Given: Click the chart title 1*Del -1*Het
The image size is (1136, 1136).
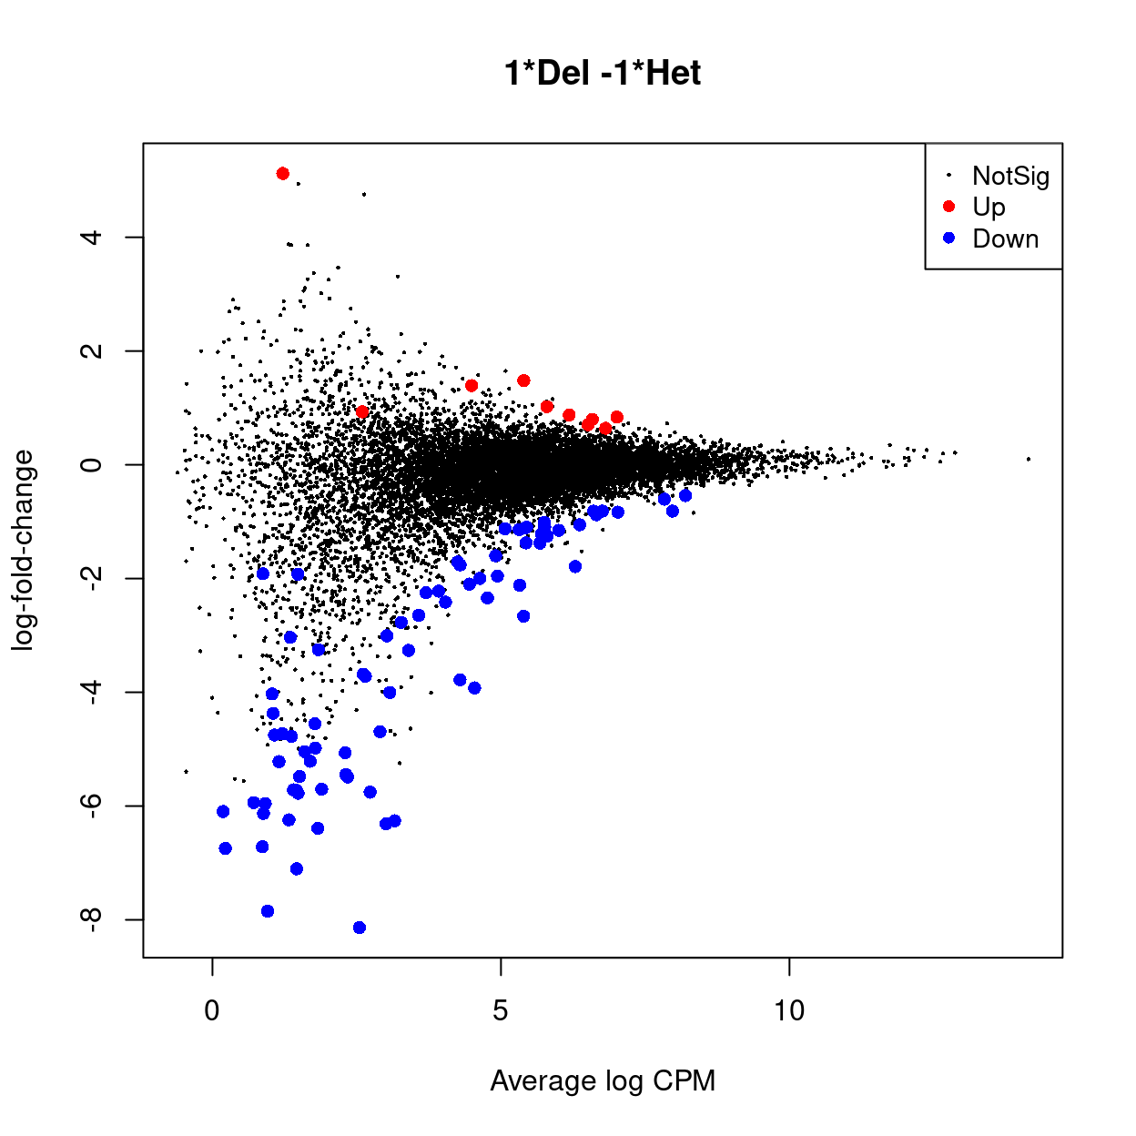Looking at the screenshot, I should (x=602, y=73).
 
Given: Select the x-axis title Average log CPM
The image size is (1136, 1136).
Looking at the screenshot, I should (x=602, y=1080).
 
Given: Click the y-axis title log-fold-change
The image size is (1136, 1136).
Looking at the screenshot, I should (x=23, y=550).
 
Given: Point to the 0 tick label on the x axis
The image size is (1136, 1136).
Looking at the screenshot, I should (x=212, y=1010).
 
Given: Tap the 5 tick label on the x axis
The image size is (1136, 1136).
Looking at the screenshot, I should (x=501, y=1010).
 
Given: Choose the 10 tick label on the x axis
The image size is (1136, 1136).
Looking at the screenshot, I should (x=789, y=1010).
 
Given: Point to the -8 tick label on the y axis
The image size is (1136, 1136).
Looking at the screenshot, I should (x=89, y=919).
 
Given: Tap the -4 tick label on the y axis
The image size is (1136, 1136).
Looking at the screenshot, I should (x=89, y=692).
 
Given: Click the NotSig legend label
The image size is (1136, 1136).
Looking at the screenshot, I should (x=1010, y=176).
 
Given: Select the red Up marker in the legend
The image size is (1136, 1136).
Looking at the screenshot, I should (x=948, y=207).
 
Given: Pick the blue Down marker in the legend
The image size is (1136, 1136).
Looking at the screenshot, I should (x=948, y=238).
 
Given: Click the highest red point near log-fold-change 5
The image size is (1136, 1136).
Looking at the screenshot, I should (x=283, y=174).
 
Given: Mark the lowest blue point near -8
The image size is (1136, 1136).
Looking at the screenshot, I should (x=360, y=928).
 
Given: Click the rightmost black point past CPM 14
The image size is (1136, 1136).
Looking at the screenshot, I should (x=1029, y=459).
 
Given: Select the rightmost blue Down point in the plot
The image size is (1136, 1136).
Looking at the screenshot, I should (x=685, y=495).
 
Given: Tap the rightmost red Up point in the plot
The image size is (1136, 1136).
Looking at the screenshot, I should (x=617, y=417).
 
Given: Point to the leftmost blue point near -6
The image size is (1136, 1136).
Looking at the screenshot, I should (x=223, y=811).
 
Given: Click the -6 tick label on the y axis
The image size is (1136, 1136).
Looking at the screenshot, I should (x=89, y=806).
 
